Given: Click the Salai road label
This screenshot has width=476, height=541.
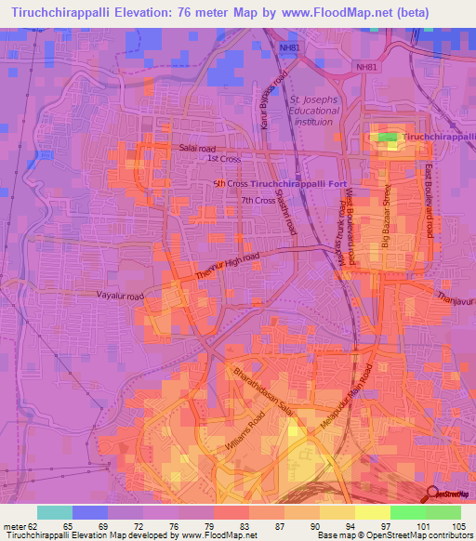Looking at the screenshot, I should click(197, 148).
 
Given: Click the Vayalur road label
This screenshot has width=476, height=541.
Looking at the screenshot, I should click(121, 296).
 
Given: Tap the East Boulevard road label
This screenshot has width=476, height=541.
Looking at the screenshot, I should click(429, 203).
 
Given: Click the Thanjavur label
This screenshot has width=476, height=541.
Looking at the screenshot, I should click(456, 299).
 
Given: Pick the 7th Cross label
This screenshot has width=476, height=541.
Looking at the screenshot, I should click(258, 200).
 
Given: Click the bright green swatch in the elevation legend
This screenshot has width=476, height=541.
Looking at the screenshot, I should click(408, 512).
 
